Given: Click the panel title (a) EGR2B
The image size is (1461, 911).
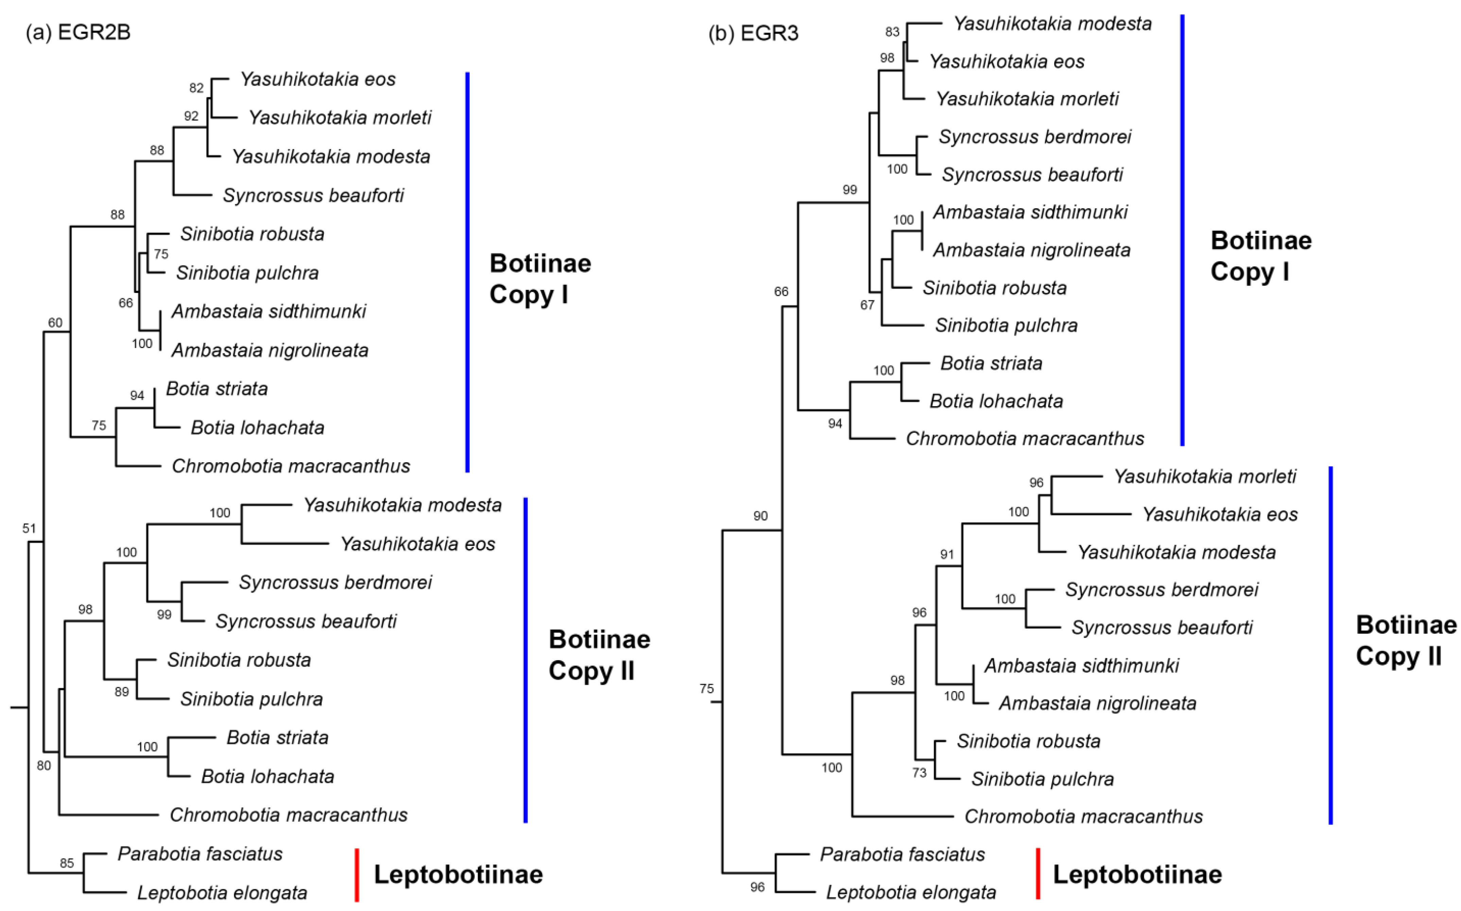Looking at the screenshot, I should [x=78, y=32].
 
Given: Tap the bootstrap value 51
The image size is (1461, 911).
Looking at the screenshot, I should [x=29, y=528].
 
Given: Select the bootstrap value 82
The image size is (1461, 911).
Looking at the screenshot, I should [x=196, y=88].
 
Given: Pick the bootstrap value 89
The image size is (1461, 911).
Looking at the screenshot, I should [x=122, y=692].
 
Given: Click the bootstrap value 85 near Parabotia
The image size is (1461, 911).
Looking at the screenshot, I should [x=67, y=863].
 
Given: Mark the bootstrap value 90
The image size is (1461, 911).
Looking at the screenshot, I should [x=761, y=516].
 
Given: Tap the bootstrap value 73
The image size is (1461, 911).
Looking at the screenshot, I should [x=919, y=772].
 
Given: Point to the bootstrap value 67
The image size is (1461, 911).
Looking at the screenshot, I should [x=867, y=305].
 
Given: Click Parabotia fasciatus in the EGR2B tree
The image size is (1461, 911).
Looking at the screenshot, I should [x=200, y=854].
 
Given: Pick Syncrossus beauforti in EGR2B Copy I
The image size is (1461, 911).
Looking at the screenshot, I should [x=313, y=195].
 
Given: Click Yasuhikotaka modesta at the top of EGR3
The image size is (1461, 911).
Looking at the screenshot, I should [x=1052, y=23].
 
